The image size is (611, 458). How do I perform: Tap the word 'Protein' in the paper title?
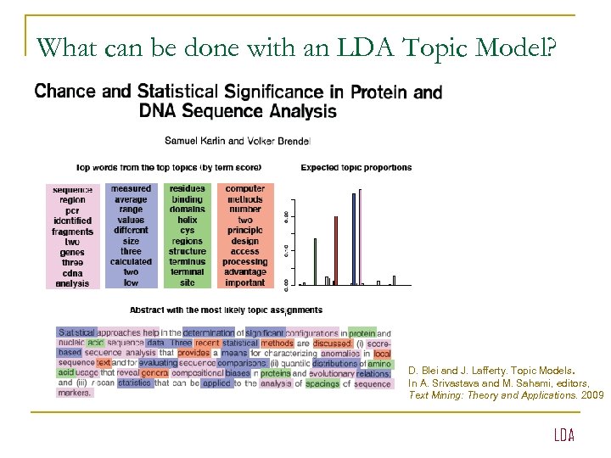(379, 91)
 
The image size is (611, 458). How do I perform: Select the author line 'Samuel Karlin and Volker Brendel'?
(238, 140)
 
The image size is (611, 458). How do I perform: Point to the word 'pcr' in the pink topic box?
(72, 210)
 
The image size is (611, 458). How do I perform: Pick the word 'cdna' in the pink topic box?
(72, 273)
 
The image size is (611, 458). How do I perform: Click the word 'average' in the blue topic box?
(131, 199)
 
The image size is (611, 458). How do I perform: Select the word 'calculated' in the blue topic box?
(131, 262)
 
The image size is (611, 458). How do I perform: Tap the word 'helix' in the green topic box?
(188, 221)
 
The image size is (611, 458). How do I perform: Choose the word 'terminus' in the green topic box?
(188, 262)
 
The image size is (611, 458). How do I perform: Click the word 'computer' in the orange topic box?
(244, 188)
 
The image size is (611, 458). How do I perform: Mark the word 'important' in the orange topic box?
(244, 283)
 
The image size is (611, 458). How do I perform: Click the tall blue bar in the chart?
(353, 239)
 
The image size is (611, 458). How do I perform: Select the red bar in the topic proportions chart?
(336, 250)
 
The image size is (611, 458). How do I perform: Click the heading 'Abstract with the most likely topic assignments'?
(226, 310)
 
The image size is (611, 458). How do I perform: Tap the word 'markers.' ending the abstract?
(75, 393)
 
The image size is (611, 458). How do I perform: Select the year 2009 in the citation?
(592, 395)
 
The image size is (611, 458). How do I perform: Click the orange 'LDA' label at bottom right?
(563, 435)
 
